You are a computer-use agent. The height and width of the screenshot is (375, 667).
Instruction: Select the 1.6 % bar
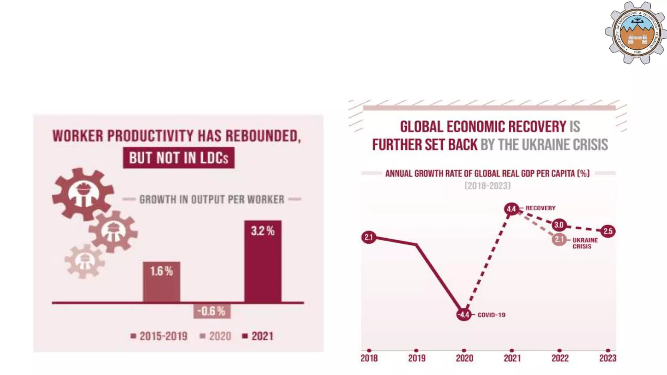[x=162, y=282]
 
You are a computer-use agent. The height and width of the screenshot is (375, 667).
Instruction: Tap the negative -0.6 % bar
[x=212, y=311]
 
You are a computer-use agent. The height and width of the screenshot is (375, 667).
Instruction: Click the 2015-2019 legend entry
[x=159, y=336]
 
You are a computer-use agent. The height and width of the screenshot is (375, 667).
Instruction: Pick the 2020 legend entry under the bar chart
[x=216, y=336]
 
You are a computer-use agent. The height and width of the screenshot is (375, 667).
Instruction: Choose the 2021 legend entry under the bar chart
[x=258, y=336]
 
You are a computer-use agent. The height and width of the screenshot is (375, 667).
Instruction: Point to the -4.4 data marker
[x=464, y=314]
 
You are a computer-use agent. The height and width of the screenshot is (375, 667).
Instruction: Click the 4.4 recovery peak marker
[x=511, y=209]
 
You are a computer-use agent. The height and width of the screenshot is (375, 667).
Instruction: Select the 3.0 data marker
[x=559, y=225]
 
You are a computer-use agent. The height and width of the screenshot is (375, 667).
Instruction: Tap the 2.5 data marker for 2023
[x=608, y=231]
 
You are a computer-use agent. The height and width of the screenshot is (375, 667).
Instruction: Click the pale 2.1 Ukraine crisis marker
[x=559, y=240]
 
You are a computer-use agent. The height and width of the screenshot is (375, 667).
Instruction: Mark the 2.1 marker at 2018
[x=369, y=237]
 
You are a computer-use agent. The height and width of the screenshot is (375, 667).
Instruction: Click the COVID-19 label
[x=491, y=315]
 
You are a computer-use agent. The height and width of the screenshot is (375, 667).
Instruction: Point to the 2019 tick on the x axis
[x=417, y=351]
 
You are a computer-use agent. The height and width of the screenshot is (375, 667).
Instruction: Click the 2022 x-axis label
[x=560, y=358]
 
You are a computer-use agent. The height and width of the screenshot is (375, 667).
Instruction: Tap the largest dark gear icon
[x=83, y=194]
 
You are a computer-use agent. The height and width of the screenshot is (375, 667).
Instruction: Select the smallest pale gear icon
[x=84, y=261]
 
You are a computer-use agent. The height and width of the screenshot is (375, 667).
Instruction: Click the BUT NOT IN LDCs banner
[x=178, y=158]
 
